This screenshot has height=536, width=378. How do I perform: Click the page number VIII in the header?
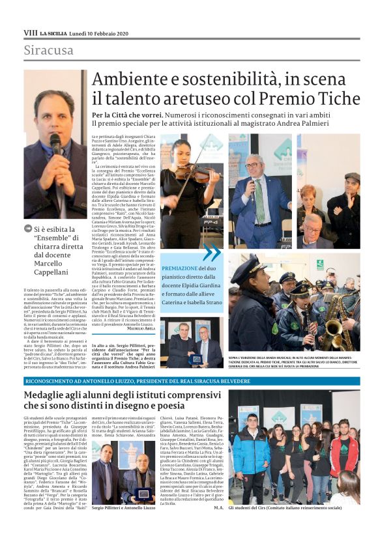pyautogui.click(x=30, y=32)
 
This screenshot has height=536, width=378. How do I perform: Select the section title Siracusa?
pyautogui.click(x=49, y=50)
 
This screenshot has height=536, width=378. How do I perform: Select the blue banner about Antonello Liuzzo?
pyautogui.click(x=189, y=381)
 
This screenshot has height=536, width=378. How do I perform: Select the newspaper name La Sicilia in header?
pyautogui.click(x=52, y=32)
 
